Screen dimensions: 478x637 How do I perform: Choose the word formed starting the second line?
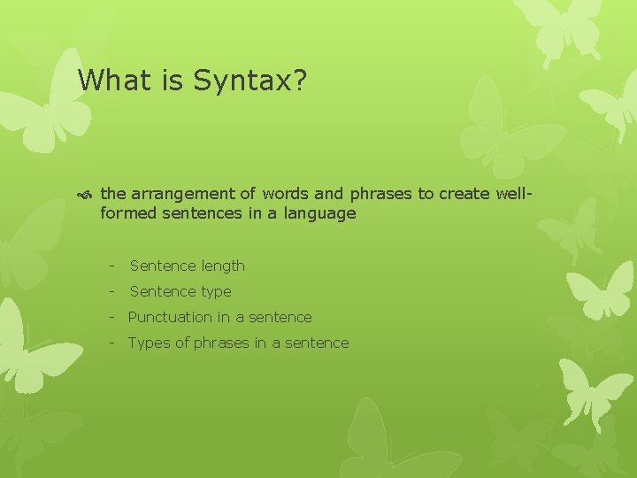click(x=127, y=213)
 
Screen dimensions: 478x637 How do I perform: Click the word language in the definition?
click(x=321, y=213)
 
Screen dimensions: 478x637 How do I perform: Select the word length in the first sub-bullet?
click(x=223, y=266)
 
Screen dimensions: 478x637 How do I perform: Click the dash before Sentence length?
click(x=112, y=266)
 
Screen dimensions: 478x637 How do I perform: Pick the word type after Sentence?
click(x=216, y=291)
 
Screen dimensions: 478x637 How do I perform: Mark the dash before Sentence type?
click(x=112, y=291)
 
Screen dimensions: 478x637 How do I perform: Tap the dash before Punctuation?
click(x=112, y=317)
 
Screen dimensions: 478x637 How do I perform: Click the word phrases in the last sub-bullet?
click(x=222, y=343)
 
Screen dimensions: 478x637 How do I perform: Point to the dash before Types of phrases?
click(x=112, y=343)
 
